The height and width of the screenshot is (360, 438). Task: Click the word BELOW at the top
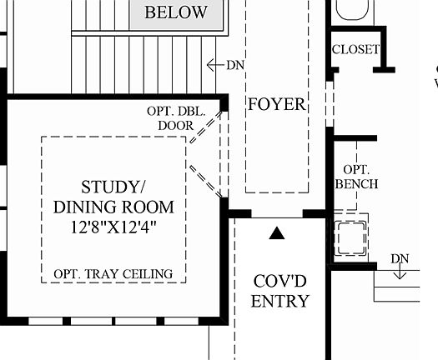click(x=175, y=12)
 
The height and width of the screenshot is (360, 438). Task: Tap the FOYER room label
click(x=277, y=105)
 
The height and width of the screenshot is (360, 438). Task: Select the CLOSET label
click(x=355, y=49)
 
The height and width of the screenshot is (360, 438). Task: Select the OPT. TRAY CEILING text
click(x=113, y=273)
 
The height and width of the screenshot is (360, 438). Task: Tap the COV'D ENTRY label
click(x=281, y=291)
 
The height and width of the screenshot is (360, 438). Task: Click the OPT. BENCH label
click(x=357, y=176)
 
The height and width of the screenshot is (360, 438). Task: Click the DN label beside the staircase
click(x=234, y=64)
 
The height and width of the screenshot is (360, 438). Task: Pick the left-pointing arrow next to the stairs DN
click(x=214, y=64)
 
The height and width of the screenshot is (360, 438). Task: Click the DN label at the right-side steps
click(x=400, y=258)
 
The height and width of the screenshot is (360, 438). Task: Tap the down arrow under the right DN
click(x=400, y=272)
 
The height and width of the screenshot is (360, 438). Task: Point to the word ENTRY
click(x=281, y=302)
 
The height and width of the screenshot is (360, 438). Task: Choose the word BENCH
click(x=357, y=183)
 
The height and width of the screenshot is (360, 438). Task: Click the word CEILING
click(x=144, y=273)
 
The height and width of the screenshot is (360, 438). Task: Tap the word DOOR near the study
click(x=175, y=126)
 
